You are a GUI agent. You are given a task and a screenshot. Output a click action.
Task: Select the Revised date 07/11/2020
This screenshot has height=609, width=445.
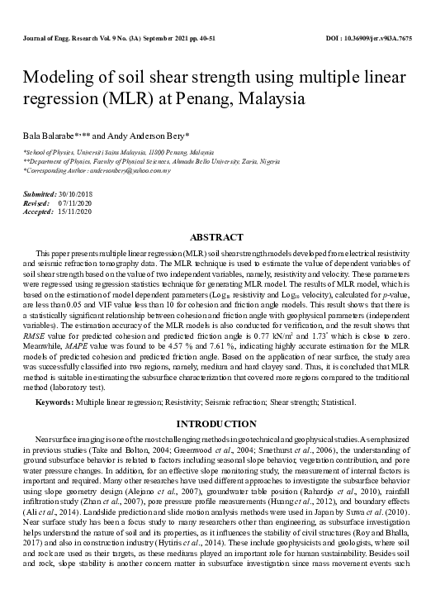74,202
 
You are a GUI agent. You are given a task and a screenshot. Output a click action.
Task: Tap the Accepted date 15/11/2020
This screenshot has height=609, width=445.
74,212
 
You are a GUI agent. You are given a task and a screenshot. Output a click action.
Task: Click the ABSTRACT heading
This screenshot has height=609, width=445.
221,237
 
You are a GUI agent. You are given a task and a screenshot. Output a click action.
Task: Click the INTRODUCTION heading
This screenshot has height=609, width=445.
222,424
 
